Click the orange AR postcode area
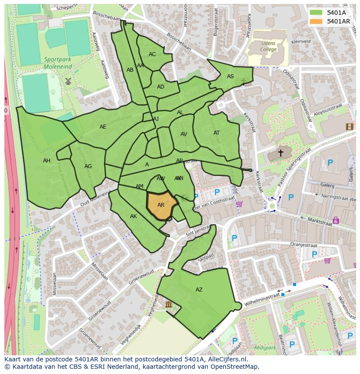(x=161, y=205)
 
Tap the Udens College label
(x=268, y=46)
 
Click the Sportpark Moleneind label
(x=57, y=63)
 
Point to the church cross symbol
(x=280, y=153)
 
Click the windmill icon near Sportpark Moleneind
(x=68, y=81)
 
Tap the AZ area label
(x=199, y=290)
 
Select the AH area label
(x=47, y=161)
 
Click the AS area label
(x=230, y=76)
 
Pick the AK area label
(x=133, y=216)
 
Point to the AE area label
(x=103, y=127)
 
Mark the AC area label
(x=152, y=54)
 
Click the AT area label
(x=217, y=133)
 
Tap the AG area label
(x=88, y=166)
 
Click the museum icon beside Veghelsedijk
(x=168, y=305)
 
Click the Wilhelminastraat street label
(x=261, y=299)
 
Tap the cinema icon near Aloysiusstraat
(x=349, y=126)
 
